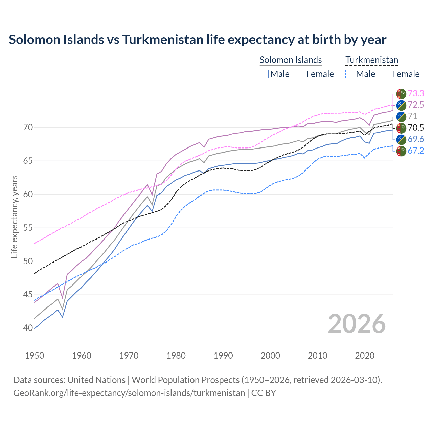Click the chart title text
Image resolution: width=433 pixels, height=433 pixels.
click(x=198, y=40)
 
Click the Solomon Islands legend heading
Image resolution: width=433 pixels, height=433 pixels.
click(x=291, y=60)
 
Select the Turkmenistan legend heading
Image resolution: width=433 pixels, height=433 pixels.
click(x=372, y=60)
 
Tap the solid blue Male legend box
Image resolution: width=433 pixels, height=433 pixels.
click(x=264, y=74)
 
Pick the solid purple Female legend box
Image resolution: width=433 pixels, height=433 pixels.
click(x=300, y=74)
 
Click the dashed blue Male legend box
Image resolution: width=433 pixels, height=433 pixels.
click(x=350, y=74)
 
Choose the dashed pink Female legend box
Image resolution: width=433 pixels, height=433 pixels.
click(x=386, y=74)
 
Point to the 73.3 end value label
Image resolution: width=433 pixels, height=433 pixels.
click(x=416, y=93)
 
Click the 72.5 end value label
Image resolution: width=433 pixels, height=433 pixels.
click(x=416, y=105)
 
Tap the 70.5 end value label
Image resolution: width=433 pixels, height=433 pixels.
click(x=416, y=128)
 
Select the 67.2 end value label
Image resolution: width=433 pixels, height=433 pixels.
click(x=416, y=151)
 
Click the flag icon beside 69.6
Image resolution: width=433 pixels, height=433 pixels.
click(x=401, y=139)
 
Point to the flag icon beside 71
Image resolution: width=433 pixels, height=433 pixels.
click(x=401, y=116)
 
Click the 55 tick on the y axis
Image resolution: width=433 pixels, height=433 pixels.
click(x=28, y=228)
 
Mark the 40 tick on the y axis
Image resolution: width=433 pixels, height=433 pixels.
click(x=28, y=328)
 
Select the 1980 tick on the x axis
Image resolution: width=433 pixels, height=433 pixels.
click(x=176, y=356)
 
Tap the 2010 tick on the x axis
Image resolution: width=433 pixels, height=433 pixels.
click(x=317, y=356)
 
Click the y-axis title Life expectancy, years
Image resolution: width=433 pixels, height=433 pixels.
click(x=14, y=216)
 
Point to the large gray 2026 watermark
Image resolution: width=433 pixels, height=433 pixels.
click(x=357, y=324)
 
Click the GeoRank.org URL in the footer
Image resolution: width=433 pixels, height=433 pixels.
click(x=129, y=393)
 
